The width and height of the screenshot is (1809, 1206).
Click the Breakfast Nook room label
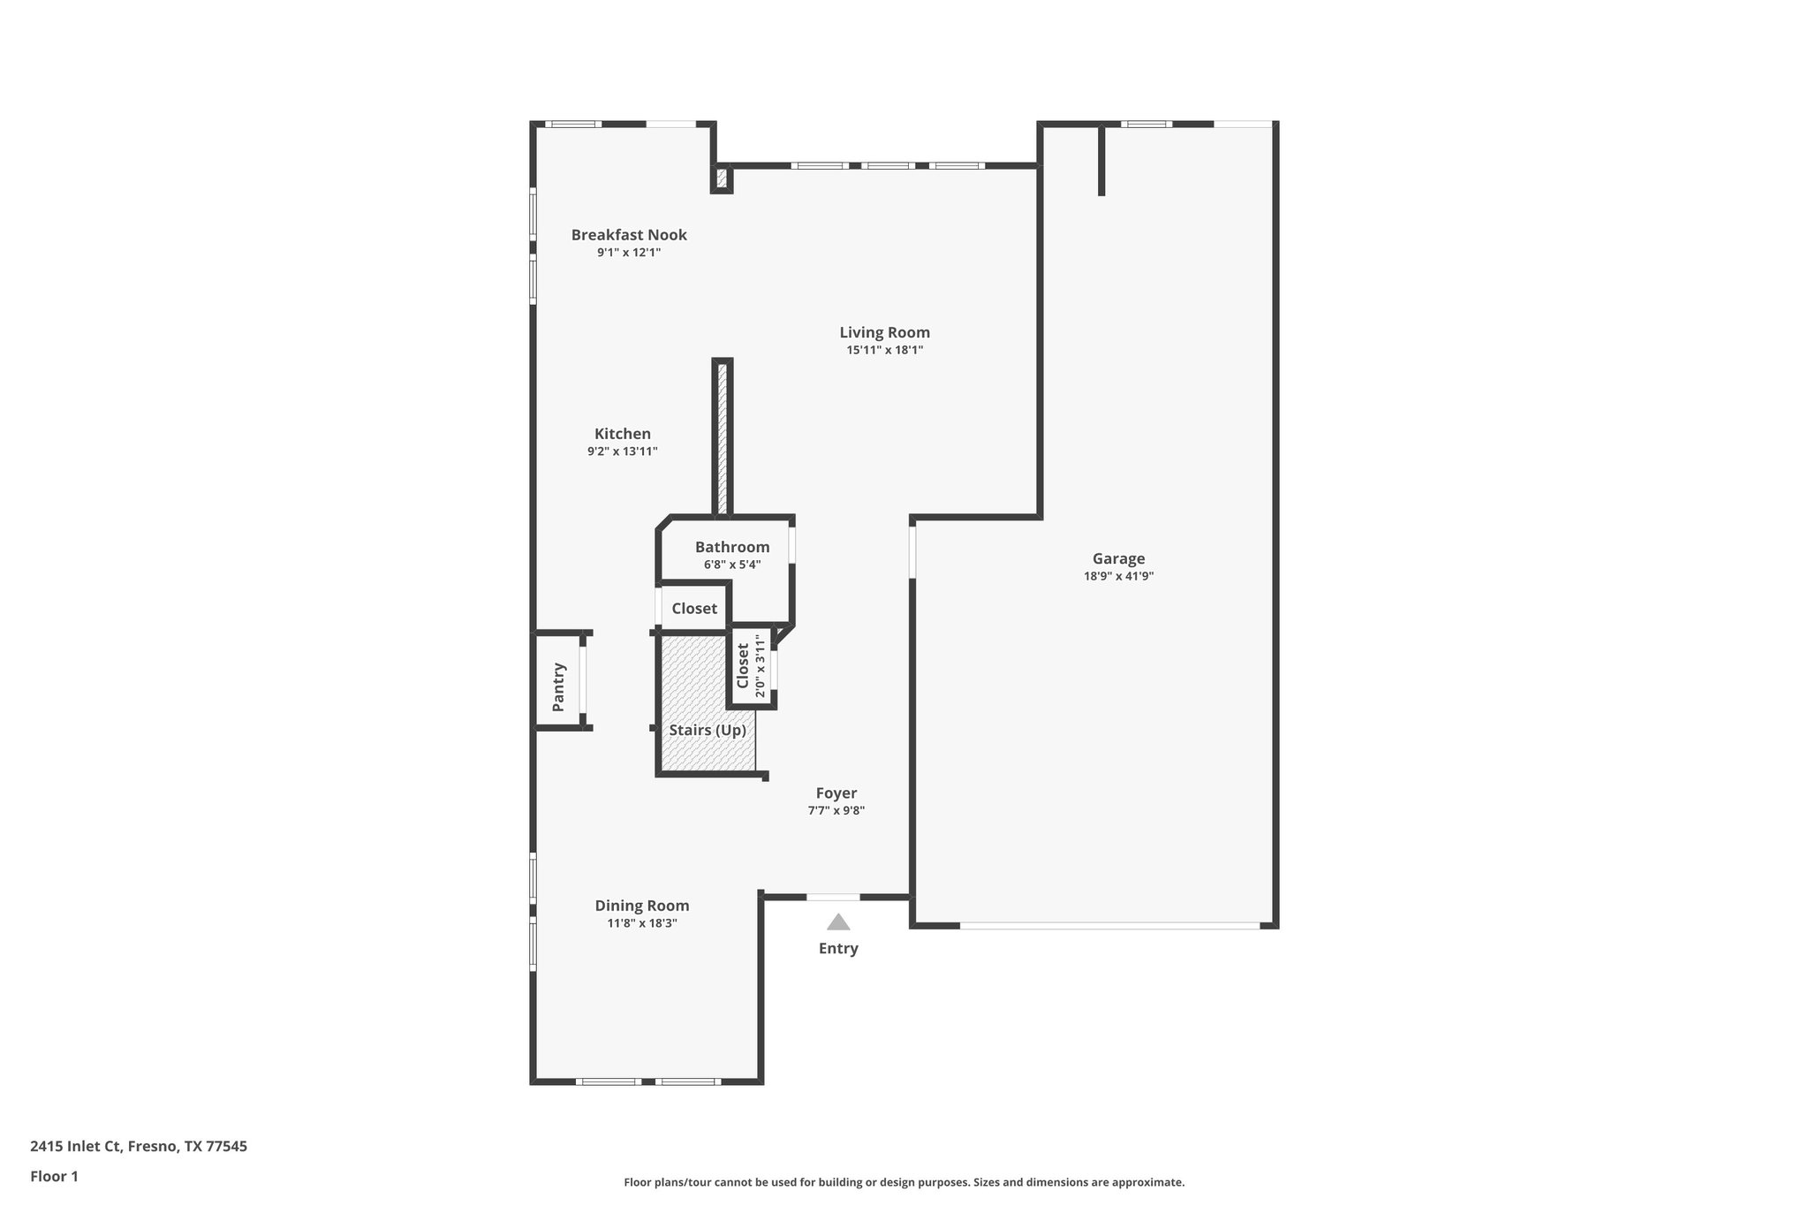(629, 235)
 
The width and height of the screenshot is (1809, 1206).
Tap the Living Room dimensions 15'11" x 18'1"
(884, 350)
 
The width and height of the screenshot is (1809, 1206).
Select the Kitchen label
(623, 434)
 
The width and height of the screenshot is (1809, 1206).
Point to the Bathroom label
(732, 547)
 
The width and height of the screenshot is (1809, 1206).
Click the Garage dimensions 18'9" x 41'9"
(1118, 576)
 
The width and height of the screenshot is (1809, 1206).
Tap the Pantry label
(558, 686)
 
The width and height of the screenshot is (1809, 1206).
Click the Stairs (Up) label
(708, 730)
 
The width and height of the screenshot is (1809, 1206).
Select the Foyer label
(836, 793)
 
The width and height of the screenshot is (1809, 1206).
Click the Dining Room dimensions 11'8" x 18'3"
(641, 923)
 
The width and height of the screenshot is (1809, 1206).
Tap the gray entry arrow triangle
(838, 922)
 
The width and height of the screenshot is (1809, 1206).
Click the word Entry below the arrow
(838, 948)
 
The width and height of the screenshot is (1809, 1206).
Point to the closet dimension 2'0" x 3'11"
(761, 666)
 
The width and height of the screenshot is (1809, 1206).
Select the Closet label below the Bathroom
(694, 609)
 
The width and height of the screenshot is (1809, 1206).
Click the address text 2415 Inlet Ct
(139, 1146)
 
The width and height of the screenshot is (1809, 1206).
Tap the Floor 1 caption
(54, 1176)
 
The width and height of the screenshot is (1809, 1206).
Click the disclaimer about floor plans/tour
(904, 1182)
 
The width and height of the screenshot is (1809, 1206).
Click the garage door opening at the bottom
(1109, 925)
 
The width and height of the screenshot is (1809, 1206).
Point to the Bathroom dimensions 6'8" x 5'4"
(732, 565)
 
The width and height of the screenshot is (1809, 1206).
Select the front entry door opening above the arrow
(833, 897)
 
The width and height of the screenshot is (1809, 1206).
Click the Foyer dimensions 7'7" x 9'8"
(836, 810)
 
